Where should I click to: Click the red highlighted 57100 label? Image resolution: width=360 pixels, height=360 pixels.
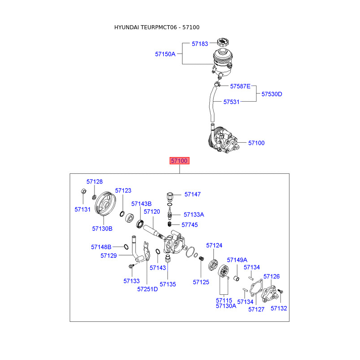click(x=179, y=161)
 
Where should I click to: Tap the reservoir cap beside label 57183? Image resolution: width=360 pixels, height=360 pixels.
click(x=222, y=42)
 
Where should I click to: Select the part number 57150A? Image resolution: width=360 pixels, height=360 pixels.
click(x=165, y=54)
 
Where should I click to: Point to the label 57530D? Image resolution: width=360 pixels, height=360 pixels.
click(x=272, y=94)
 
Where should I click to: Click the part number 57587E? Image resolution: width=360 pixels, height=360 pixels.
click(x=240, y=85)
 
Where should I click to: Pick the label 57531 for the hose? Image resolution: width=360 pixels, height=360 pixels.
click(x=232, y=102)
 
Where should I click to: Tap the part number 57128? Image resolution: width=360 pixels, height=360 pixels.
click(x=94, y=181)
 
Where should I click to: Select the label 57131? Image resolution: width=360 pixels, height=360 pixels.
click(x=83, y=209)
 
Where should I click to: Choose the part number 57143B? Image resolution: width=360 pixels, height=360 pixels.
click(x=141, y=204)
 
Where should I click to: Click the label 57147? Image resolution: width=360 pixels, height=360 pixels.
click(x=193, y=194)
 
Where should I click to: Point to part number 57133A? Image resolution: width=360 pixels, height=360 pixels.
click(x=194, y=215)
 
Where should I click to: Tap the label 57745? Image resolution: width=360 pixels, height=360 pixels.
click(x=189, y=225)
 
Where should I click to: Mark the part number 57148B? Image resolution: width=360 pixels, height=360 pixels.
click(x=101, y=247)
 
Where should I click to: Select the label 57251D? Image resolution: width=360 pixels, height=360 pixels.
click(x=148, y=289)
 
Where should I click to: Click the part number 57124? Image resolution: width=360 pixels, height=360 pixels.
click(x=214, y=245)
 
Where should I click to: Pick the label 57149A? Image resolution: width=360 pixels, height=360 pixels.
click(x=237, y=260)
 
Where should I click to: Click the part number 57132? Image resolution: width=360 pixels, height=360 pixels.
click(x=279, y=308)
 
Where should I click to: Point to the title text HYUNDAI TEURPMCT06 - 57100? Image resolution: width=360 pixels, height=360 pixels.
click(x=157, y=27)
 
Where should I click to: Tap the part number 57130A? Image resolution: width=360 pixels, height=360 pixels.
click(x=226, y=306)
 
